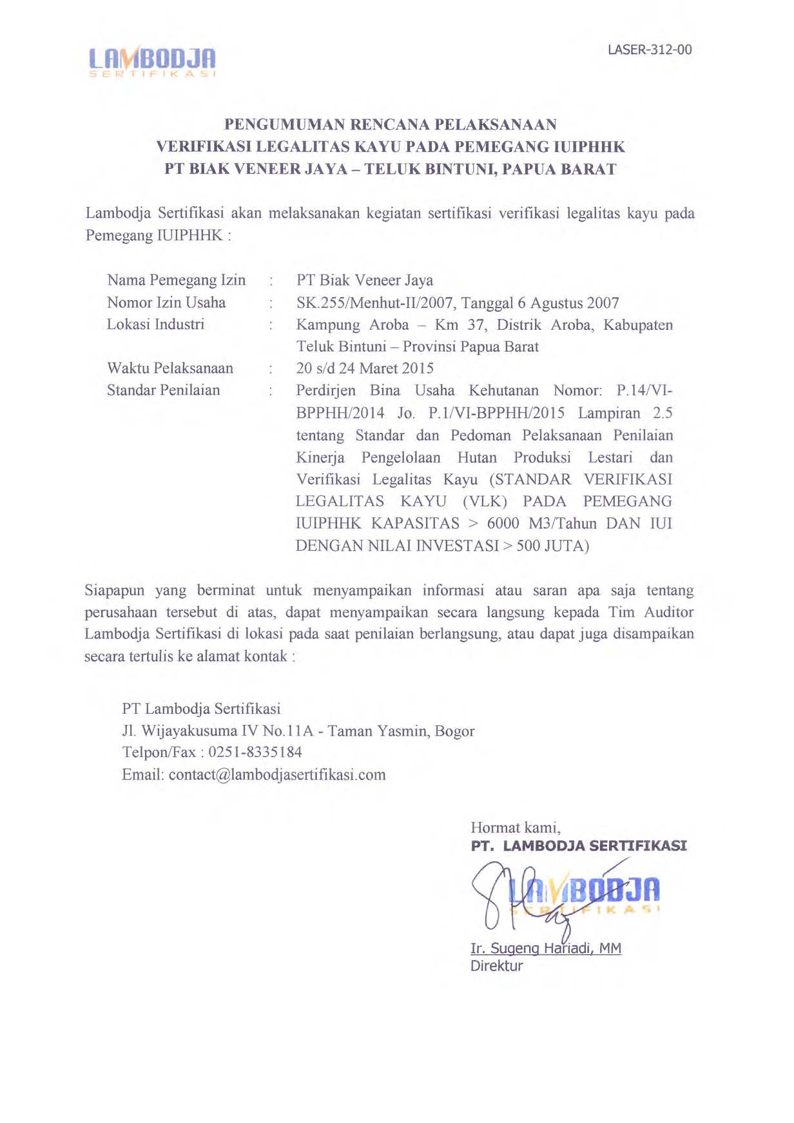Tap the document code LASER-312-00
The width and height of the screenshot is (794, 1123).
point(650,50)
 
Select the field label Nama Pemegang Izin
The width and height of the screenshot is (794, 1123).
point(176,280)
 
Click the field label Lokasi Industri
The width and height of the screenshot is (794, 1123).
point(155,324)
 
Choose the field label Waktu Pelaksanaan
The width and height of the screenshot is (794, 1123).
point(170,369)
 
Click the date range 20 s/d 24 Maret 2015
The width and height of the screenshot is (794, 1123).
point(365,369)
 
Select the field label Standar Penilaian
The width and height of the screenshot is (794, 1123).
point(163,390)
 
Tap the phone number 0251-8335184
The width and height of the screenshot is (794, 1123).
point(255,753)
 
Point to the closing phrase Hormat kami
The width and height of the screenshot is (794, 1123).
point(516,827)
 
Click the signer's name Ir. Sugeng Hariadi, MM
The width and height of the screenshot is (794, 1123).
point(546,948)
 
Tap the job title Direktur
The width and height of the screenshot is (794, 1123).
point(496,966)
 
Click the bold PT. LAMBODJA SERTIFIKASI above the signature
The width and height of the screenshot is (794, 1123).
point(579,846)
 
